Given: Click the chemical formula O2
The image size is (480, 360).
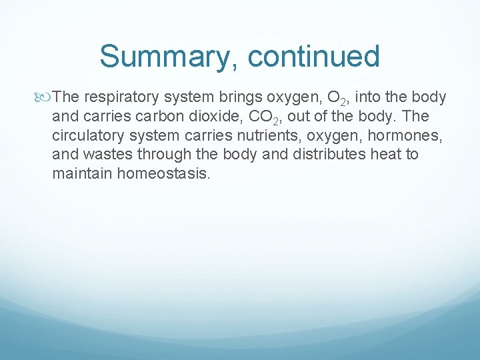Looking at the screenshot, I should pyautogui.click(x=336, y=98).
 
